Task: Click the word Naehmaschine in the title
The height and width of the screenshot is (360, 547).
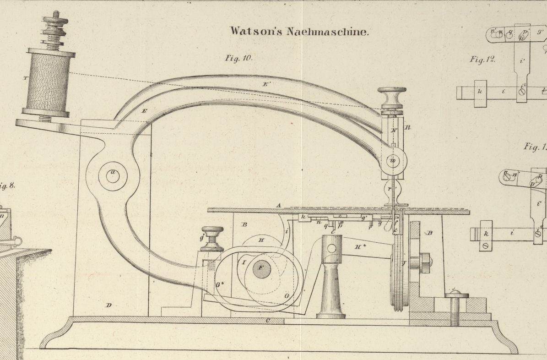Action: pos(327,31)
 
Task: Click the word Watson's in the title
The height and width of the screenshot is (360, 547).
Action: pos(257,31)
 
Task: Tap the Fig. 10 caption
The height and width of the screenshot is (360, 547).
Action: pos(238,58)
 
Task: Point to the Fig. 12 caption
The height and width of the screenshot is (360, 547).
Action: pos(483,60)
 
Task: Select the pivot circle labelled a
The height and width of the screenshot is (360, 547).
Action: pos(113,175)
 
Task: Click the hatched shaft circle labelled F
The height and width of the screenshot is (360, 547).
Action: pos(262,268)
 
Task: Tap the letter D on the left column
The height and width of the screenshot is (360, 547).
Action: pos(108,305)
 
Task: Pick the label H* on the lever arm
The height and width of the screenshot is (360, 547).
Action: pos(361,246)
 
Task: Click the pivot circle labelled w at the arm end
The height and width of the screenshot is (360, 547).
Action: pos(393,161)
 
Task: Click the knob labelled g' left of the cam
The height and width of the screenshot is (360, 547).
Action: pos(211,238)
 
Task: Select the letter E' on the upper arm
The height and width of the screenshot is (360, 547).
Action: pos(266,84)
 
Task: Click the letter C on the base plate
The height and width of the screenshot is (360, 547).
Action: pos(268,321)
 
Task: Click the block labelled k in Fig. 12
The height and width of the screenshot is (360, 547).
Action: pos(480,92)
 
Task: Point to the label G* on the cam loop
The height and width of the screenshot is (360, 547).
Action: pos(220,284)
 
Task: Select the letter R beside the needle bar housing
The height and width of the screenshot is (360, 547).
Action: pos(408,127)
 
